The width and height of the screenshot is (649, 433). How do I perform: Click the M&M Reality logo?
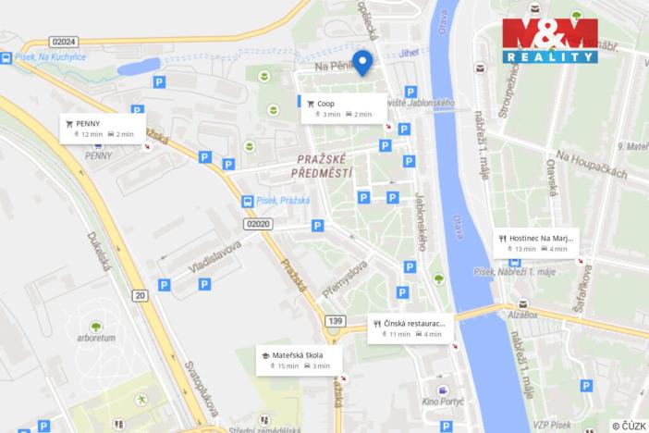pos(549,40)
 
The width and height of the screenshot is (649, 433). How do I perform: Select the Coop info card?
pos(343,108)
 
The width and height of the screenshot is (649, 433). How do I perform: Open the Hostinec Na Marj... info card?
pos(536,241)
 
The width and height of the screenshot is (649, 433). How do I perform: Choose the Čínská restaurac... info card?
pos(411,328)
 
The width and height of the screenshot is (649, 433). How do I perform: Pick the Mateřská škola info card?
pos(299,359)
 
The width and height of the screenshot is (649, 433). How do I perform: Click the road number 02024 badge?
pos(65,42)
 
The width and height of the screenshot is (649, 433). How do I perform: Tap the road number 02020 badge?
pos(260,223)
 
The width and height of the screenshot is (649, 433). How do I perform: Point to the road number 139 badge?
pos(335,320)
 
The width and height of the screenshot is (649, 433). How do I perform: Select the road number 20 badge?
pos(140,295)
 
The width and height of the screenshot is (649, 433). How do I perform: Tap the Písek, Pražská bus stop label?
pos(282,200)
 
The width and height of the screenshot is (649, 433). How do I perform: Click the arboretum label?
pos(96,338)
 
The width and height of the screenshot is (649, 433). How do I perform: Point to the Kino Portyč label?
pos(442,402)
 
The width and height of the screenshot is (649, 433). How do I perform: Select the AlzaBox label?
pos(522,315)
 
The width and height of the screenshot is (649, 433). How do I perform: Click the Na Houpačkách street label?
pos(592,165)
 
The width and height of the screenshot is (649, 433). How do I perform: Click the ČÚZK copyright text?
pos(630,426)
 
